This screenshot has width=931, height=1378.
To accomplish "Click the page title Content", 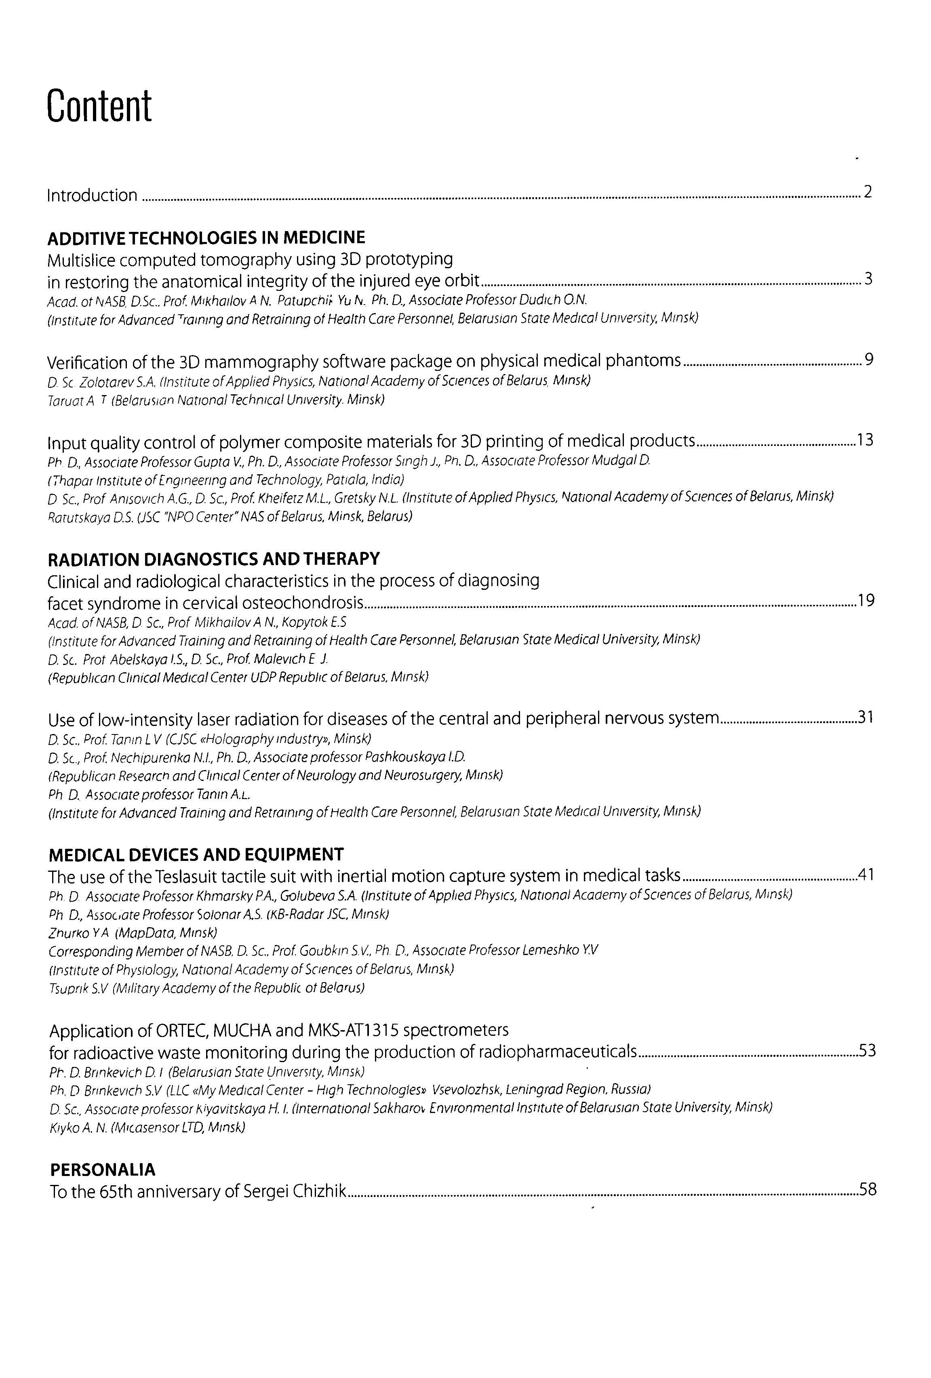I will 99,106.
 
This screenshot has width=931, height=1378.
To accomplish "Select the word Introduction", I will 92,195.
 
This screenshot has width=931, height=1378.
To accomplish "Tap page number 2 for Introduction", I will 868,192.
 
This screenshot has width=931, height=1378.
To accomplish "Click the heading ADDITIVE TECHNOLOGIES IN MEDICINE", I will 206,238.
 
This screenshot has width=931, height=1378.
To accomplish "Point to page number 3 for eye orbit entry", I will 868,279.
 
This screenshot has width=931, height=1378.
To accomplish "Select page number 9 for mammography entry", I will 869,359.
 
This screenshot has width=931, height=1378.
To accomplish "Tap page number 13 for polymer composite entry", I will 865,440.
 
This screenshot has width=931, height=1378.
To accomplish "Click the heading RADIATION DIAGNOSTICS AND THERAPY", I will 213,559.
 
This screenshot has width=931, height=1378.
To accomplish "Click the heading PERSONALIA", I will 103,1170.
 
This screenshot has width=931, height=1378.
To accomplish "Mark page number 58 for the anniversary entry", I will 868,1189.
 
